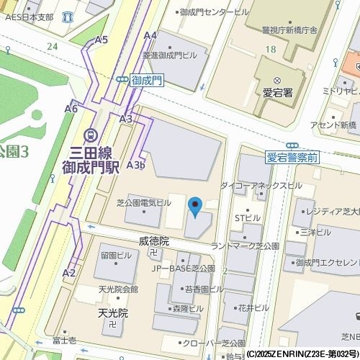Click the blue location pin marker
click(x=195, y=207)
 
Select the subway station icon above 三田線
click(x=91, y=135)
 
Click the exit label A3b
click(x=135, y=165)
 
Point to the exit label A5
click(x=102, y=40)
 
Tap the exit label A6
click(x=71, y=109)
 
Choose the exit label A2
click(x=69, y=273)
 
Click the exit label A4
click(x=150, y=35)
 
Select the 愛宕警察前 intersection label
click(x=292, y=157)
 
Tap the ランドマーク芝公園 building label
click(x=244, y=246)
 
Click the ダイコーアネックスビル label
click(x=261, y=185)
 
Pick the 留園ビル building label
click(x=116, y=255)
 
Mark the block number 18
click(x=270, y=48)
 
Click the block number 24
click(x=52, y=46)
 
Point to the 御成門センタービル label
click(x=214, y=12)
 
